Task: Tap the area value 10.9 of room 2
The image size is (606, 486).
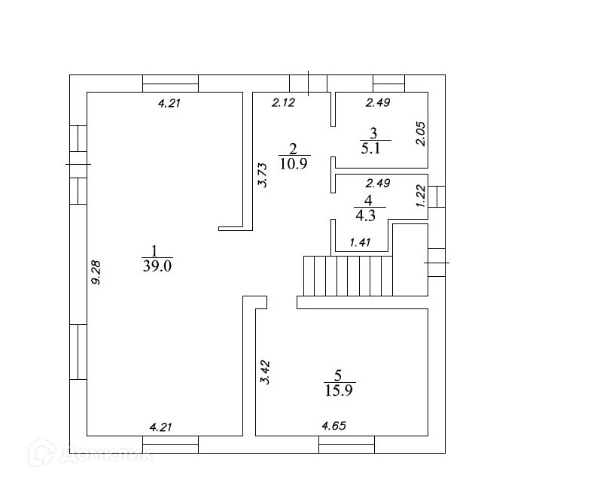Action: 294,163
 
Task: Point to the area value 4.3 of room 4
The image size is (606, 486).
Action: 367,214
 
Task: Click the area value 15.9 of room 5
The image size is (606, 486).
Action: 339,390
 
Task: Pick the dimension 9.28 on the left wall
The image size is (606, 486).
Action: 96,272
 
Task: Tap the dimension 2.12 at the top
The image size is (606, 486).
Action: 283,103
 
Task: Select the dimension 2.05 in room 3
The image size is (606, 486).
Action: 421,134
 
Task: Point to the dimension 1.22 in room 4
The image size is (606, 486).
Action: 421,197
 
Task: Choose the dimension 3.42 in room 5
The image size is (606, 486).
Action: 264,373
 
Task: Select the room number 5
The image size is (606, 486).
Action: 338,375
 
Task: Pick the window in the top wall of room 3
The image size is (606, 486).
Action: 388,83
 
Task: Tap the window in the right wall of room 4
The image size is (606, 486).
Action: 437,196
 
